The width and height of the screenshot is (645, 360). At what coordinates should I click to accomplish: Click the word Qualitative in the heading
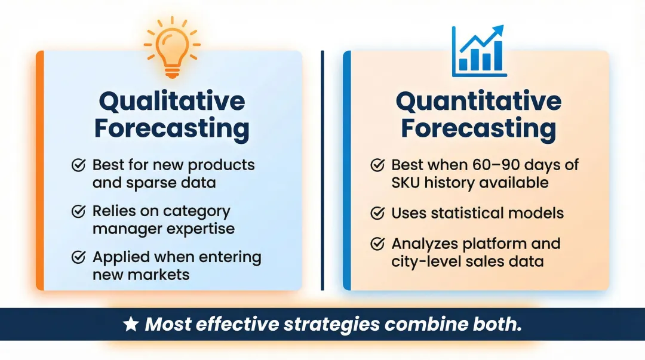(171, 101)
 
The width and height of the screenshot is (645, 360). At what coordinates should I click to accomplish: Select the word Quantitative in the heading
(478, 101)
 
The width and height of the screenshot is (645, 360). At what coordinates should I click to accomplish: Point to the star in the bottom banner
(130, 324)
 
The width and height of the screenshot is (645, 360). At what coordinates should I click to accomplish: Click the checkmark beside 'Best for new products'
(78, 165)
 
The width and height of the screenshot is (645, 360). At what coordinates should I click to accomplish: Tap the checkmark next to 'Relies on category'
(78, 211)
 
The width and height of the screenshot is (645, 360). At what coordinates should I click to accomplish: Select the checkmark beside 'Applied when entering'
(78, 257)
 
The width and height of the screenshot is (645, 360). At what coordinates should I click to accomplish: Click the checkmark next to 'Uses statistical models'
(377, 213)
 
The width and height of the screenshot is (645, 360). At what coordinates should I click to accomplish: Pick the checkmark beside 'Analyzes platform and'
(377, 244)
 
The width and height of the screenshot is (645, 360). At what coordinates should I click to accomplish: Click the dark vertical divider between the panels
(322, 170)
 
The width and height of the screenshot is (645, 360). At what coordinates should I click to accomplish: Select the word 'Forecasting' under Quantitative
(478, 128)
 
